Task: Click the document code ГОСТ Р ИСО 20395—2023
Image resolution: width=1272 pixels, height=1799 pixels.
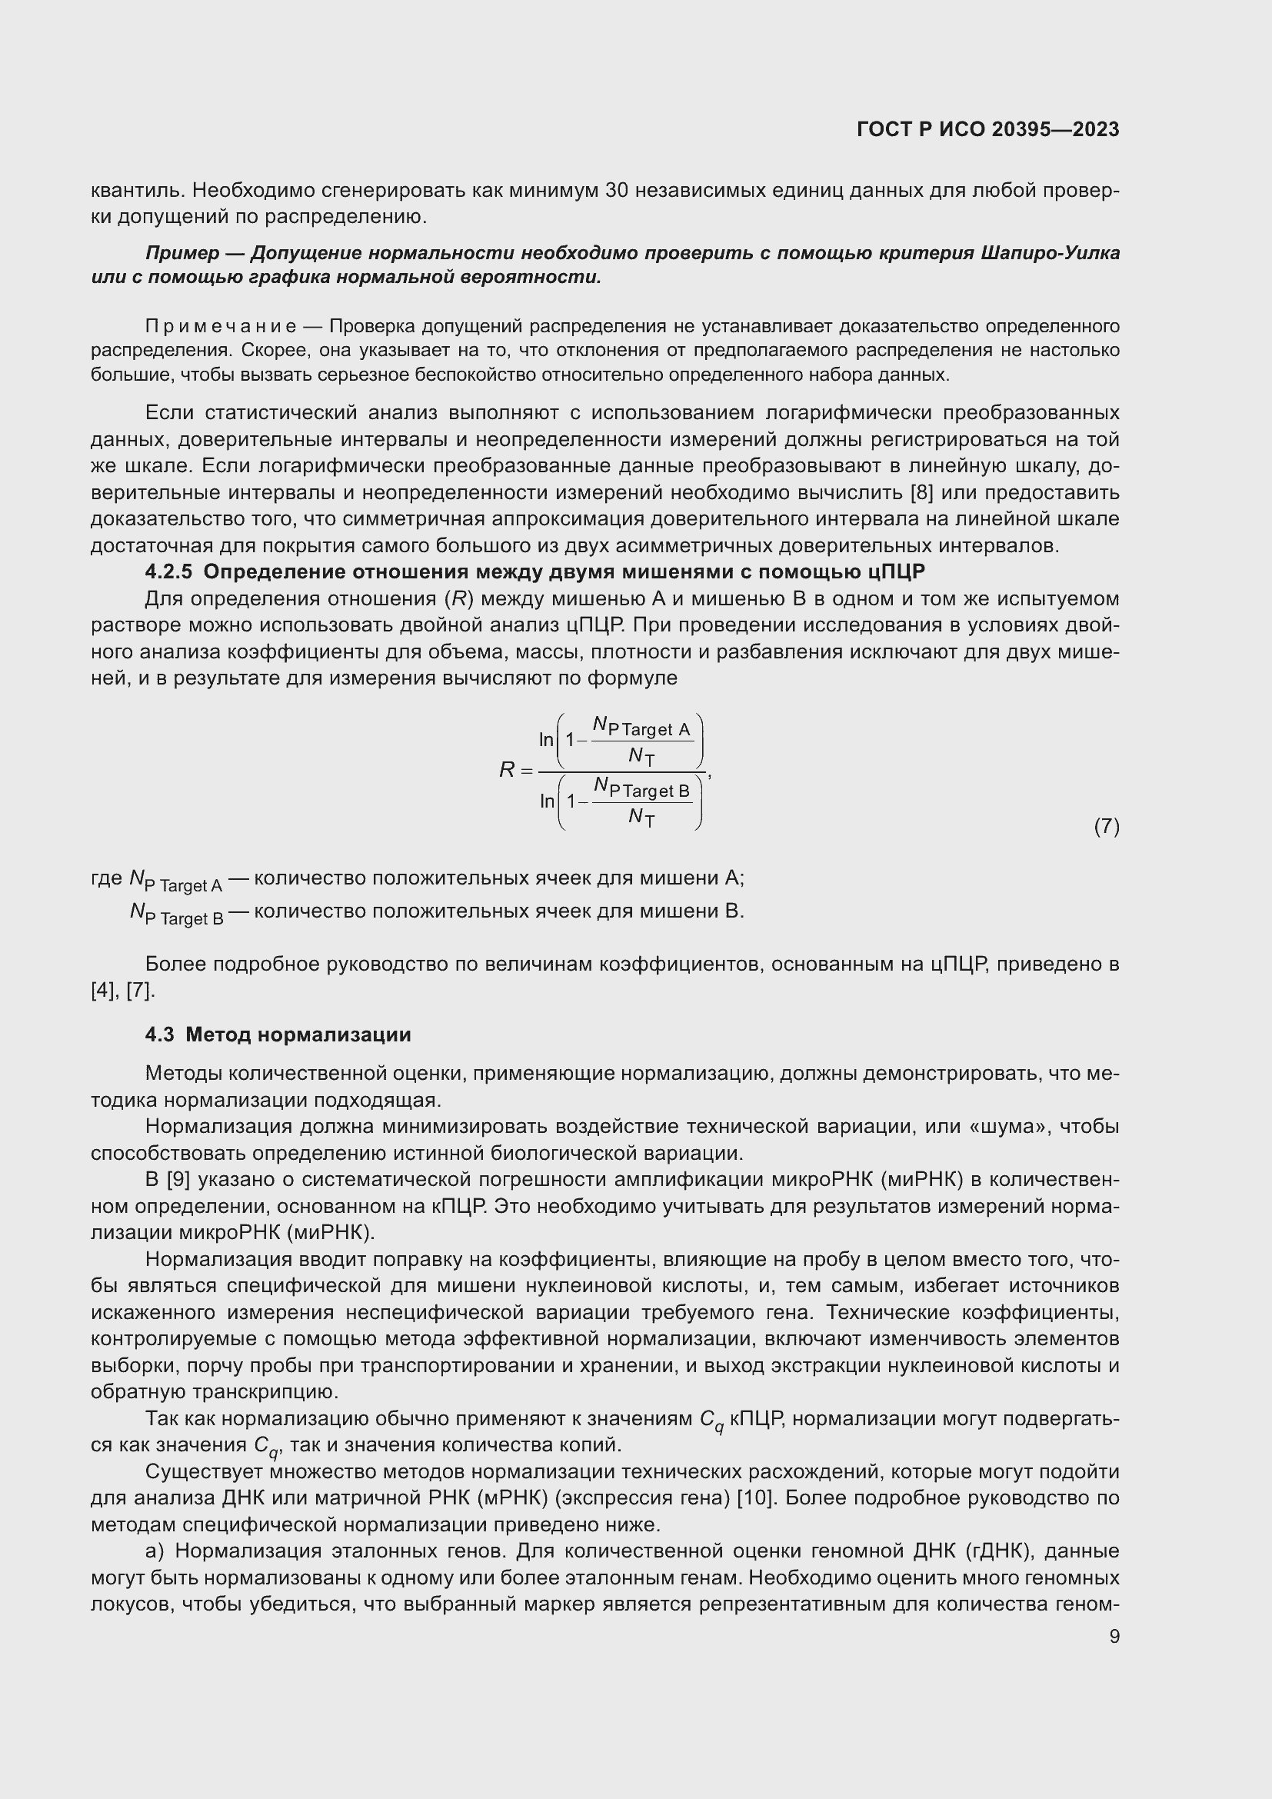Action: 987,129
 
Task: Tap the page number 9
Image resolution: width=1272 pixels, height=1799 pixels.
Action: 1114,1636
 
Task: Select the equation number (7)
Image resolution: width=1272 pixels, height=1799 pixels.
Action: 1106,826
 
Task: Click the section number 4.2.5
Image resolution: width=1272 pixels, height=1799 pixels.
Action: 168,571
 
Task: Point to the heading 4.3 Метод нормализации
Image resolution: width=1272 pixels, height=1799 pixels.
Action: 278,1034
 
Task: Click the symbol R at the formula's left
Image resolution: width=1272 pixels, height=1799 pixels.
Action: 507,770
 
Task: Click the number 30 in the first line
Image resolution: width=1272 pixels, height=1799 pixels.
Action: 618,191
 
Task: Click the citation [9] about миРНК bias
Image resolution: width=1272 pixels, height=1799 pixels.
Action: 178,1179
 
